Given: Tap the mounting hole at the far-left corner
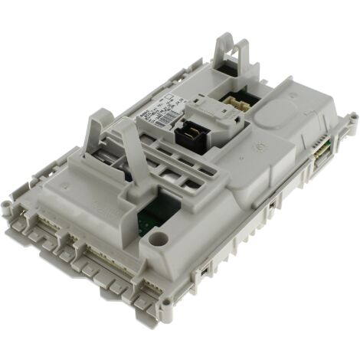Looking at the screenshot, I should (x=8, y=205).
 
